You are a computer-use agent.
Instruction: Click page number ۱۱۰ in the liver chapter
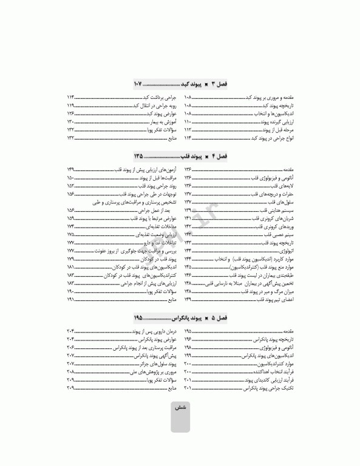pos(188,121)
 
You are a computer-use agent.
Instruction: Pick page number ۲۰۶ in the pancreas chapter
pos(70,347)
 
